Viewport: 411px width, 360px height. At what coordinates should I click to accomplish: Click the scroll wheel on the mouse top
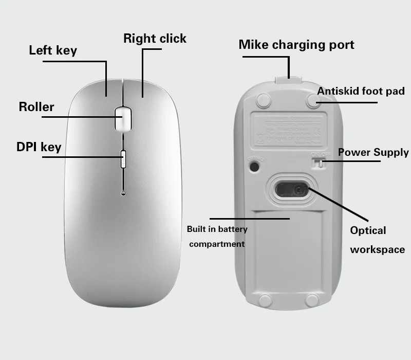coord(122,119)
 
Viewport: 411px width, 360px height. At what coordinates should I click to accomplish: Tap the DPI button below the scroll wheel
coord(123,159)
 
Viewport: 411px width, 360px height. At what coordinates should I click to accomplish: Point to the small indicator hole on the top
coord(123,193)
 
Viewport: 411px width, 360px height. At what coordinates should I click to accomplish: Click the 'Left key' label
coord(53,50)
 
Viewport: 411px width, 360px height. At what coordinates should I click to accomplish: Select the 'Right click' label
coord(155,39)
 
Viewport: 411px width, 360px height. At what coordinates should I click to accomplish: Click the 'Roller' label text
coord(36,107)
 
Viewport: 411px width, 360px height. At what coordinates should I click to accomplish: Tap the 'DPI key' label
coord(39,147)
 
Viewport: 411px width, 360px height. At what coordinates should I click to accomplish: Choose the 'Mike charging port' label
coord(296,45)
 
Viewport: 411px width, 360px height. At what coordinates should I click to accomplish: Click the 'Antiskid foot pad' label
coord(361,92)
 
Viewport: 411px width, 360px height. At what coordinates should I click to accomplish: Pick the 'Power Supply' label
coord(373,152)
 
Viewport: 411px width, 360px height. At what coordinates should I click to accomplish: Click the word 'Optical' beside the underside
coord(368,230)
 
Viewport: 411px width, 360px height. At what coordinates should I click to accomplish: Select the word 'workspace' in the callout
coord(377,250)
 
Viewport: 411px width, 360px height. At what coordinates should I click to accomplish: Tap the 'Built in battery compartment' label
coord(217,237)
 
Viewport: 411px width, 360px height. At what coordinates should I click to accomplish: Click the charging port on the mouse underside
coord(288,80)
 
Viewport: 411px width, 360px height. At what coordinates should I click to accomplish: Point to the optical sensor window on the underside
coord(292,190)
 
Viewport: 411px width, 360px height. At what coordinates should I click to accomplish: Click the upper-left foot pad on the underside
coord(264,100)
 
